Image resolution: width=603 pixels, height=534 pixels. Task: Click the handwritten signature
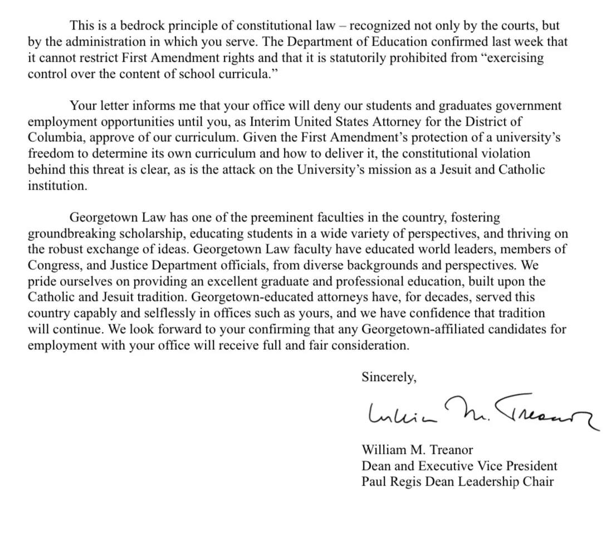pyautogui.click(x=479, y=413)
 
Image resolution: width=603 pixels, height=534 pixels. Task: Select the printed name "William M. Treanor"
pyautogui.click(x=417, y=449)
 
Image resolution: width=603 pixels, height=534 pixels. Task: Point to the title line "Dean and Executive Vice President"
pyautogui.click(x=459, y=466)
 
